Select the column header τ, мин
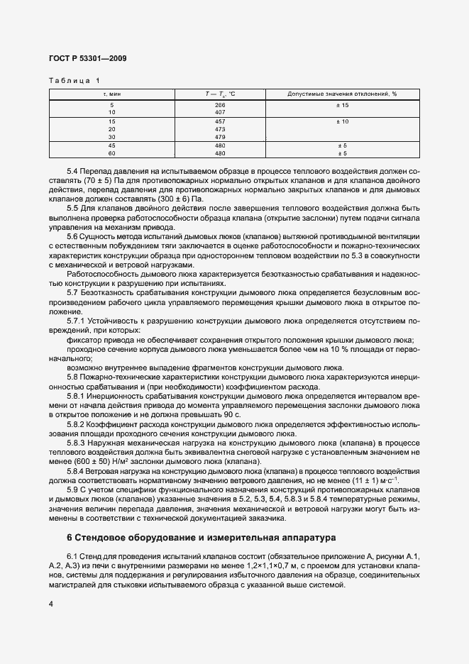pyautogui.click(x=111, y=94)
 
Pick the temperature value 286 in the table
pyautogui.click(x=219, y=105)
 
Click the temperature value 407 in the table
pyautogui.click(x=219, y=112)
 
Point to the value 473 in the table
pyautogui.click(x=219, y=129)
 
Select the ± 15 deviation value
pyautogui.click(x=343, y=105)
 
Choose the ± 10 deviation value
pyautogui.click(x=343, y=122)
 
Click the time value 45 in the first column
pyautogui.click(x=111, y=146)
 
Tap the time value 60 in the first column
pyautogui.click(x=111, y=153)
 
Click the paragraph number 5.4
pyautogui.click(x=72, y=172)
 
